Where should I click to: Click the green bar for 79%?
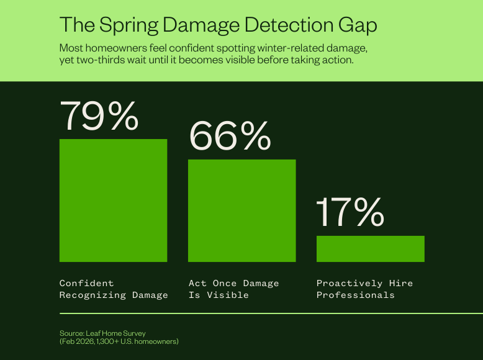[113, 200]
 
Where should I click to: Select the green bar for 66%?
[241, 210]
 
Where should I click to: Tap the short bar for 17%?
[370, 248]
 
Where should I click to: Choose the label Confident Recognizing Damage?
[114, 289]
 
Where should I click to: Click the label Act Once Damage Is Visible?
[233, 289]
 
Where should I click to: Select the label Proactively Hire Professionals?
[364, 289]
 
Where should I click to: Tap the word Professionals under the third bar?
[355, 295]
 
